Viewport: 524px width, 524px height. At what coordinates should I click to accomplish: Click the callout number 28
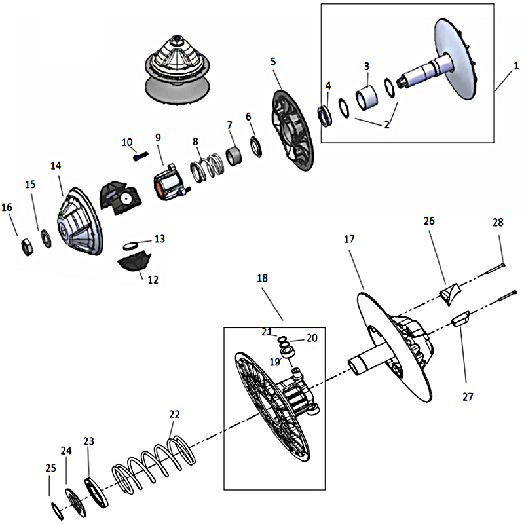[x=498, y=223]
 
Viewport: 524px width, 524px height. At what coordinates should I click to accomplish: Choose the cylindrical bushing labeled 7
[x=234, y=157]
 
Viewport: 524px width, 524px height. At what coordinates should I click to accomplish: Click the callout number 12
[x=153, y=280]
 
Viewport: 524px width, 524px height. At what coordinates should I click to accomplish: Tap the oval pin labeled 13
[x=133, y=246]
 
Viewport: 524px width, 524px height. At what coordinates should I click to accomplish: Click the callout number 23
[x=89, y=441]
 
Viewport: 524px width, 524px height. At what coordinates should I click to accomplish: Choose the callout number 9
[x=158, y=137]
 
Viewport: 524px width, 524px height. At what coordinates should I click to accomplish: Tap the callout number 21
[x=265, y=332]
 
